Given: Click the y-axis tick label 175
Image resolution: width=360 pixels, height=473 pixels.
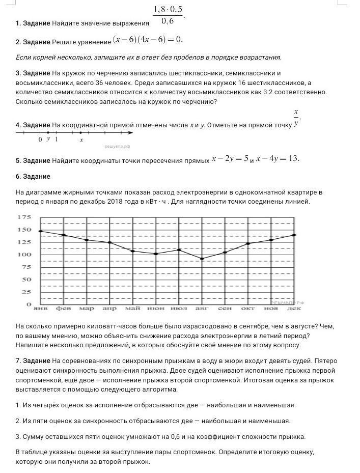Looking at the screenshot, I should pyautogui.click(x=24, y=217).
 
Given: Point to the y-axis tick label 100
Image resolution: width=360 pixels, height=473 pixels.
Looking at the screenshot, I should pyautogui.click(x=24, y=255).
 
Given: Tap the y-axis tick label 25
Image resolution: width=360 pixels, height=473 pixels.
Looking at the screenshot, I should pyautogui.click(x=25, y=292).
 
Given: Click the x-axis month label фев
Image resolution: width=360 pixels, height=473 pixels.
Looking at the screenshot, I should pyautogui.click(x=63, y=309).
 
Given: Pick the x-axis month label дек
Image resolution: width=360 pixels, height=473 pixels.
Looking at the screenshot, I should pyautogui.click(x=294, y=309).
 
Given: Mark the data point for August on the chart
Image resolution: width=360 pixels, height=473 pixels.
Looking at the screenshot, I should pyautogui.click(x=202, y=259).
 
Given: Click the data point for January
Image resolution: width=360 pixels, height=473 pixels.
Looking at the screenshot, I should pyautogui.click(x=40, y=232).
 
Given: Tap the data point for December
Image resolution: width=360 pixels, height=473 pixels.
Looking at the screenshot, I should pyautogui.click(x=294, y=235).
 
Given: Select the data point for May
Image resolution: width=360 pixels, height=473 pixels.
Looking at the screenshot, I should pyautogui.click(x=132, y=251).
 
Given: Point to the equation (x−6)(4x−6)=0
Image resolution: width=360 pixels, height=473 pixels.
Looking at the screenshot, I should pyautogui.click(x=148, y=40).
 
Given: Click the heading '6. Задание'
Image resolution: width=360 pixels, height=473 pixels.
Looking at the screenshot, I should pyautogui.click(x=33, y=176).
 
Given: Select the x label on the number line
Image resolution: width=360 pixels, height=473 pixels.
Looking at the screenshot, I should pyautogui.click(x=81, y=140).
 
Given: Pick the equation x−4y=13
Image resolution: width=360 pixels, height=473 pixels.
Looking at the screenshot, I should pyautogui.click(x=278, y=158).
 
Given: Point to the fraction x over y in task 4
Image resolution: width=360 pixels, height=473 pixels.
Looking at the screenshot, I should pyautogui.click(x=296, y=117).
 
